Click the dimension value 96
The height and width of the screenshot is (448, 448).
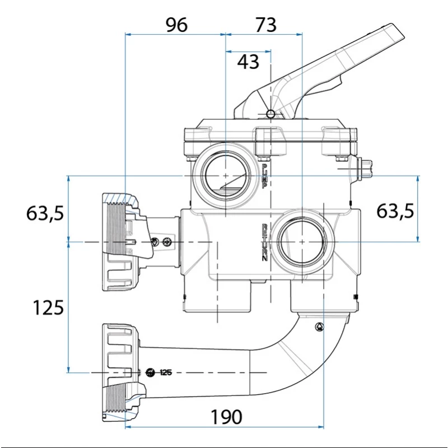[176, 25]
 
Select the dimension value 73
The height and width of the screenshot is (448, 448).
[265, 25]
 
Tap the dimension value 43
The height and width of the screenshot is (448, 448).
[248, 62]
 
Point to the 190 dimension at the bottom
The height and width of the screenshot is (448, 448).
[226, 417]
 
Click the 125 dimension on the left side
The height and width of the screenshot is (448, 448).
[48, 307]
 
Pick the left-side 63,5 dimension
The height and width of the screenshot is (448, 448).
[45, 213]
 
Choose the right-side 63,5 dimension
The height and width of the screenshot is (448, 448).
[395, 211]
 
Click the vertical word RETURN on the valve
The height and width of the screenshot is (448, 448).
[265, 242]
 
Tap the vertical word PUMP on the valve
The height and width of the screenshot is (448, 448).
[264, 175]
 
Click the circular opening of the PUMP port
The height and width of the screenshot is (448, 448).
[225, 175]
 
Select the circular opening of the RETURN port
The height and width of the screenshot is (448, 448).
[302, 241]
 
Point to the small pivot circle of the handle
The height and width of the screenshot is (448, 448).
[271, 114]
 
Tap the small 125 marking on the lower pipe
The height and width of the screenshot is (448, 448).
[165, 372]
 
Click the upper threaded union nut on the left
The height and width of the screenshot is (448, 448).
[120, 241]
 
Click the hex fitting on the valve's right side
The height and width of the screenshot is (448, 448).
[365, 168]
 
